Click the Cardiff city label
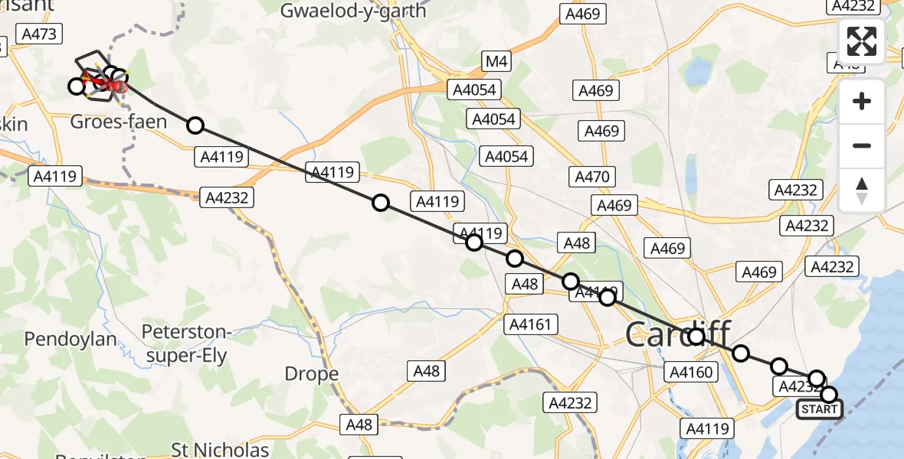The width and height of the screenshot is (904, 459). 678,334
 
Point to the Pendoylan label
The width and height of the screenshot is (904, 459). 70,339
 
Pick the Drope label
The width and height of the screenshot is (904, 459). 312,374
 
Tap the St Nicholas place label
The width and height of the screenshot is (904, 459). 220,449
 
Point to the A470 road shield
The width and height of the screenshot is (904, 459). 593,177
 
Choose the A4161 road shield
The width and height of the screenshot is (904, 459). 529,324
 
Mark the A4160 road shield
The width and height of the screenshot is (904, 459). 692,373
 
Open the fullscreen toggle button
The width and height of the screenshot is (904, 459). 862,41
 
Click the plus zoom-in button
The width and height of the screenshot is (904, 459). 862,101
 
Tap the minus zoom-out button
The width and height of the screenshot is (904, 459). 862,145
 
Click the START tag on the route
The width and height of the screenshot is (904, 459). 819,409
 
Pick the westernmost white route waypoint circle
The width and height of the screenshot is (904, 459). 76,86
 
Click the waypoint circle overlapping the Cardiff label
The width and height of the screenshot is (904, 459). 696,337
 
